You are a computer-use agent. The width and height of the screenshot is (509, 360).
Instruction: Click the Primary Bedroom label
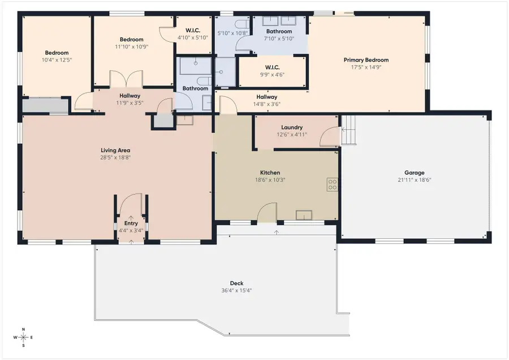click(x=366, y=60)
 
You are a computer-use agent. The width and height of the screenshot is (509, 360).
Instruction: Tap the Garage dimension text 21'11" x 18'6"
click(x=414, y=179)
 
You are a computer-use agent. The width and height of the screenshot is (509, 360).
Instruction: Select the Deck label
click(x=236, y=283)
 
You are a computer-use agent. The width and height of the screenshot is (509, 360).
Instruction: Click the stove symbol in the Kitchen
click(x=333, y=184)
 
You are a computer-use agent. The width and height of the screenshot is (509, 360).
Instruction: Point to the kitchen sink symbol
click(x=304, y=215)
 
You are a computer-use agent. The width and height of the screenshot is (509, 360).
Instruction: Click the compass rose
click(x=23, y=337)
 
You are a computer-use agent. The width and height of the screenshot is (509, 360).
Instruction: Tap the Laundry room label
click(x=292, y=127)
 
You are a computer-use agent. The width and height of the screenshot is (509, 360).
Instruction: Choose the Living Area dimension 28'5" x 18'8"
click(x=115, y=157)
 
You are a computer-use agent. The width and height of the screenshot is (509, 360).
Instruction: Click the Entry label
click(x=131, y=223)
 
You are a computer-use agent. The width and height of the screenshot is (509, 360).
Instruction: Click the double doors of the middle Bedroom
click(x=126, y=79)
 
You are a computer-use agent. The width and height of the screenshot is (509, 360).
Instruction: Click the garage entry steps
click(x=348, y=130)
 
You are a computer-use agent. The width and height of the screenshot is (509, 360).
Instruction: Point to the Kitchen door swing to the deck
click(x=267, y=213)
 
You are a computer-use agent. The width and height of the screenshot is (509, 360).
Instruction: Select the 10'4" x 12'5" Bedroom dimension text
click(x=57, y=60)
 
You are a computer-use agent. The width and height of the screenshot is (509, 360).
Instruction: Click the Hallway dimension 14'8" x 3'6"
click(x=267, y=104)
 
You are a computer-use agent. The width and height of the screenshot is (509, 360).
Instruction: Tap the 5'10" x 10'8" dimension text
click(x=232, y=33)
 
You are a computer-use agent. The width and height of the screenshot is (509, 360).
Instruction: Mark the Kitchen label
click(x=270, y=173)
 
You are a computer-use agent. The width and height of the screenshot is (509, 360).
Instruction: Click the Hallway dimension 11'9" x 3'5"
click(x=130, y=102)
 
